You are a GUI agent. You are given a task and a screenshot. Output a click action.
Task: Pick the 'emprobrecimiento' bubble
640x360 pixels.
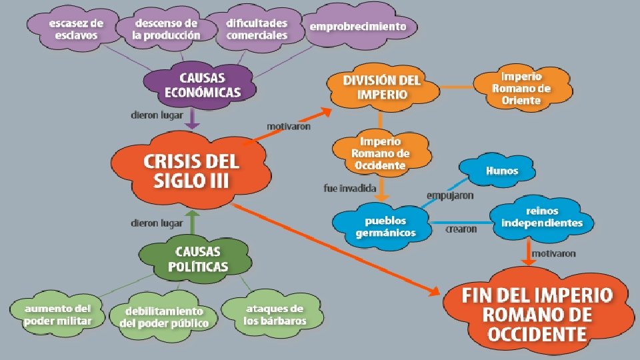pyautogui.click(x=357, y=27)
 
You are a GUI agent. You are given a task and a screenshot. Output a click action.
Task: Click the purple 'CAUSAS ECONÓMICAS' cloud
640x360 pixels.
pyautogui.click(x=201, y=85)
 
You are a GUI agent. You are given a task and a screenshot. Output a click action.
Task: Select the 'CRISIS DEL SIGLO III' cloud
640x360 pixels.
pyautogui.click(x=191, y=171)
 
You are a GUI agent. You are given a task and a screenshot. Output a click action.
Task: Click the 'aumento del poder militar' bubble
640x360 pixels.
pyautogui.click(x=57, y=315)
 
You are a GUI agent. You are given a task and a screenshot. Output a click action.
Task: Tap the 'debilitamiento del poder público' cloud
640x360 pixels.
pyautogui.click(x=164, y=317)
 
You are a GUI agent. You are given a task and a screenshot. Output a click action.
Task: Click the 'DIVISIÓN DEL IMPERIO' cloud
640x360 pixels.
pyautogui.click(x=382, y=87)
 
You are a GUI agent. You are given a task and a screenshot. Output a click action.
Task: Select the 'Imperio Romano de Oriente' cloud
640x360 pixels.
pyautogui.click(x=521, y=87)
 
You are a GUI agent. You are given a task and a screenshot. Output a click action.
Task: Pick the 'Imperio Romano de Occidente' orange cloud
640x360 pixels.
pyautogui.click(x=381, y=153)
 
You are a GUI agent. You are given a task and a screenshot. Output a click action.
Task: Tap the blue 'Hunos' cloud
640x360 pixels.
pyautogui.click(x=501, y=171)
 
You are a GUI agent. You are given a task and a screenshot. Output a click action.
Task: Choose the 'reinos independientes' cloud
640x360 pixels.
pyautogui.click(x=541, y=217)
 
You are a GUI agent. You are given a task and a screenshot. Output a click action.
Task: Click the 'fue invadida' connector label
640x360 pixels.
pyautogui.click(x=350, y=189)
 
